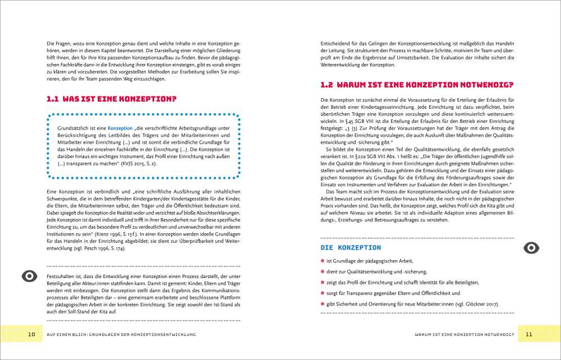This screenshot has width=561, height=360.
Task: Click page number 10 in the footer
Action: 31,334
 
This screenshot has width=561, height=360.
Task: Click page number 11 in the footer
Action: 528,334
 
